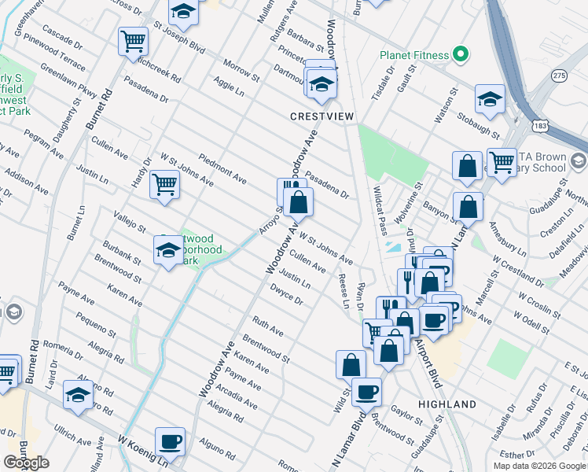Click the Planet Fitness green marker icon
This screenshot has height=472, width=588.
point(461,55)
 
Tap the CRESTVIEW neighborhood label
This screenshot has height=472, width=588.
point(322,116)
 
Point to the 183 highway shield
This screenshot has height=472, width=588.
point(540,126)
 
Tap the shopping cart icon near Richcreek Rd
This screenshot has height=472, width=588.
point(133,40)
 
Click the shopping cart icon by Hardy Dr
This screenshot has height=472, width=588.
point(164,185)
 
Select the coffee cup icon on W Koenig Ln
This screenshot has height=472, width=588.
point(170,441)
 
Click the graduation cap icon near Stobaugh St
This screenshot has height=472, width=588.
point(489,98)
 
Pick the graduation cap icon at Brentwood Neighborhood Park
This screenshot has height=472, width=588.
point(168,251)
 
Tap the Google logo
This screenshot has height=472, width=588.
point(26,463)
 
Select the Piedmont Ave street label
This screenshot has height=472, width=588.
point(223,165)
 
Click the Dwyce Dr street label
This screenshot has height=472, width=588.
point(286,297)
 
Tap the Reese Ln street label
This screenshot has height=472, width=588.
point(343,290)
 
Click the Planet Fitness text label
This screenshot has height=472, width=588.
point(414,56)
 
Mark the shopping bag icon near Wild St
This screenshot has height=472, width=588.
point(351,363)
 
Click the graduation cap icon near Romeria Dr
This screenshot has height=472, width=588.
point(78,395)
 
